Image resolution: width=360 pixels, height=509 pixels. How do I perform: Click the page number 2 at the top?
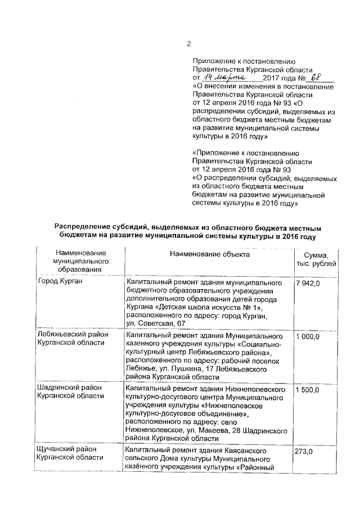[189, 44]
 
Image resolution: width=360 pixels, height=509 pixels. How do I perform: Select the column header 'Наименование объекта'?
[210, 255]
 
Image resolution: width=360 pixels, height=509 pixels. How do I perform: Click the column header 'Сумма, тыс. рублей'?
[319, 259]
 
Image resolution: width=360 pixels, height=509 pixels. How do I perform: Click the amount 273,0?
[304, 452]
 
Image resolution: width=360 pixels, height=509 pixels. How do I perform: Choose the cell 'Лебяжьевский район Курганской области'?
[72, 340]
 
